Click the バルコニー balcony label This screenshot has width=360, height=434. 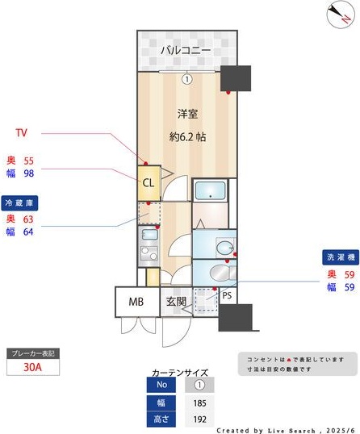click(186, 51)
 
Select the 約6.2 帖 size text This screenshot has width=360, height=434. click(187, 137)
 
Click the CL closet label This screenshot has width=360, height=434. click(149, 182)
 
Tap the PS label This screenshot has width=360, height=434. click(227, 297)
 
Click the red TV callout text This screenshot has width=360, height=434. click(23, 131)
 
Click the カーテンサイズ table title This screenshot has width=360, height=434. click(178, 373)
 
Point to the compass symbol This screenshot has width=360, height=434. click(340, 15)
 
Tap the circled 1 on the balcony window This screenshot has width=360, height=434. click(186, 79)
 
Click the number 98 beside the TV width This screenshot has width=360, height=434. click(28, 173)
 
